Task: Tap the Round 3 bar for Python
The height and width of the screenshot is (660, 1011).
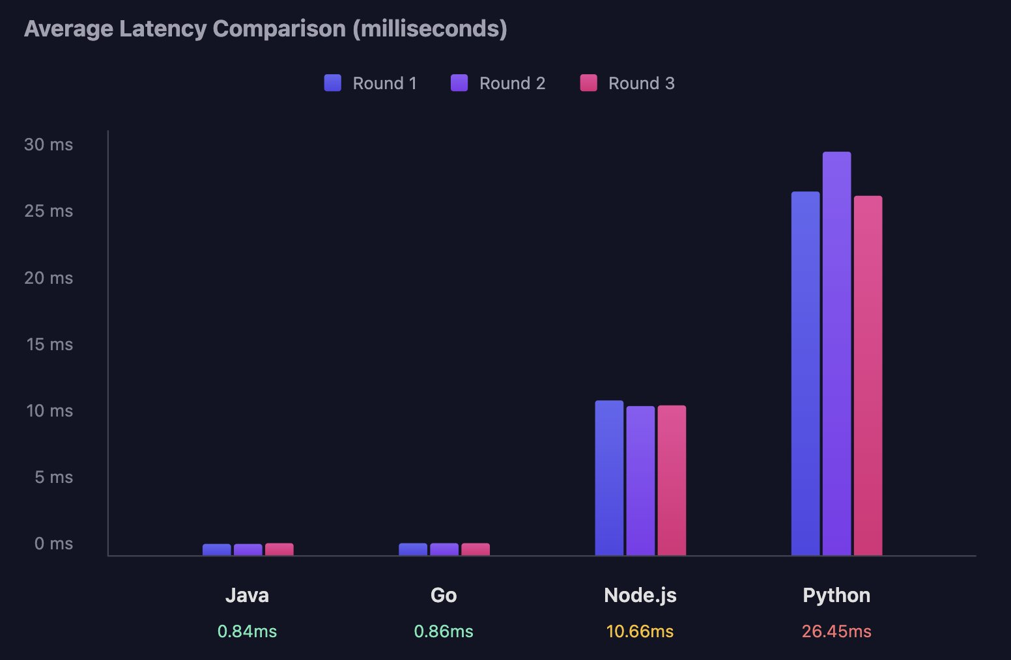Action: point(868,376)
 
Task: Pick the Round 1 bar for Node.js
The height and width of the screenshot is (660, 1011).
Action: point(609,478)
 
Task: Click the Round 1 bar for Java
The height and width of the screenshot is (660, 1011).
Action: point(217,550)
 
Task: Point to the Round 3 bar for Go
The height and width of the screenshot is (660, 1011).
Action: point(476,549)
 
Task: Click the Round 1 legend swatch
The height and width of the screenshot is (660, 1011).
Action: point(333,83)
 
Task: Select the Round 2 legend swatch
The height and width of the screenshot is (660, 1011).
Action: point(459,83)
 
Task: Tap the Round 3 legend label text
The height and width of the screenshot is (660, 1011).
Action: point(641,83)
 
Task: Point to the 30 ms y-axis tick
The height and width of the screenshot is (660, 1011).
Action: point(49,144)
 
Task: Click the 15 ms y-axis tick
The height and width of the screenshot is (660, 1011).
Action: point(50,344)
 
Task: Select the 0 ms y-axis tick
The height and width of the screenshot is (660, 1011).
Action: point(53,543)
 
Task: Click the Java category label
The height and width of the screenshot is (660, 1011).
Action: point(247,595)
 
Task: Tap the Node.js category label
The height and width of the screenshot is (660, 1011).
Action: point(640,595)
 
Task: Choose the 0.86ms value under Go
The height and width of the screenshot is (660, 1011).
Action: point(444,631)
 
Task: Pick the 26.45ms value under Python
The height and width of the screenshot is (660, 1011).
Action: point(836,631)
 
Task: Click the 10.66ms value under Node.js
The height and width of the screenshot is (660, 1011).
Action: point(640,631)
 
